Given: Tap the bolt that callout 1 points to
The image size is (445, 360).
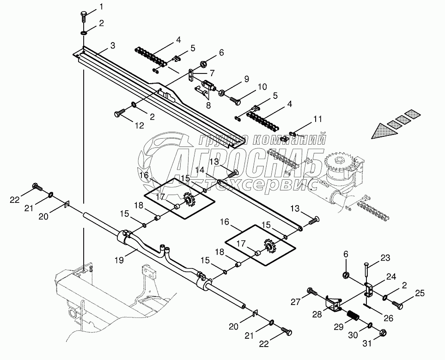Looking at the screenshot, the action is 84,17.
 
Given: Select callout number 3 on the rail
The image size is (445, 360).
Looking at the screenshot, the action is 113,45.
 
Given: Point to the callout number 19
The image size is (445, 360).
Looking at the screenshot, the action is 120,260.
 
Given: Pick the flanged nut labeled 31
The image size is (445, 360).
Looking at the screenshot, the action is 383,332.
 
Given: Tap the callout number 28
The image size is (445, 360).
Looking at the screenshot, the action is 317,314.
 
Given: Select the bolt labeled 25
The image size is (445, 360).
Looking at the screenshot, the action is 397,305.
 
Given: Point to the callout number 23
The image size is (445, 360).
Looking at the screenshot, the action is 385,258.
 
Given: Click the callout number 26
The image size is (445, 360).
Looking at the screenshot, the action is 388,318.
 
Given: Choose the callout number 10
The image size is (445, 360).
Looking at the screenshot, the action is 262,87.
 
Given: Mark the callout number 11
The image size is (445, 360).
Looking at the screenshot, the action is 317,119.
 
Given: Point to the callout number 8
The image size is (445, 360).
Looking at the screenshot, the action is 208,106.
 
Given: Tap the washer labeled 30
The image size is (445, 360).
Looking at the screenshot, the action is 371,324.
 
